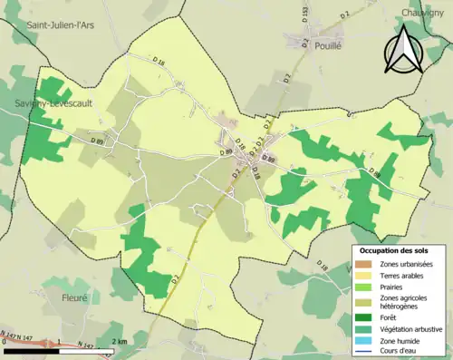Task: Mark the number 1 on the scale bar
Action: [58, 342]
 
